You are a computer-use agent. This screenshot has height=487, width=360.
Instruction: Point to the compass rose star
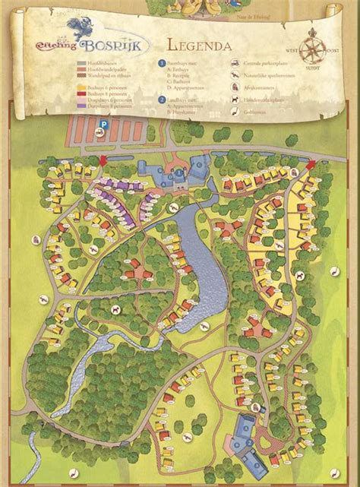[313, 50]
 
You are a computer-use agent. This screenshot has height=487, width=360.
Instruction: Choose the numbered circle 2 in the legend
[161, 99]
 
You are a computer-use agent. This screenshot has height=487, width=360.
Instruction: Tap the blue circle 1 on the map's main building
[180, 173]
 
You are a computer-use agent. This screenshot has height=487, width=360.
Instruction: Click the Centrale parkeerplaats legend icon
[238, 65]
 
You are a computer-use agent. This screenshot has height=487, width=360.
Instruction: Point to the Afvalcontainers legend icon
[238, 87]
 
